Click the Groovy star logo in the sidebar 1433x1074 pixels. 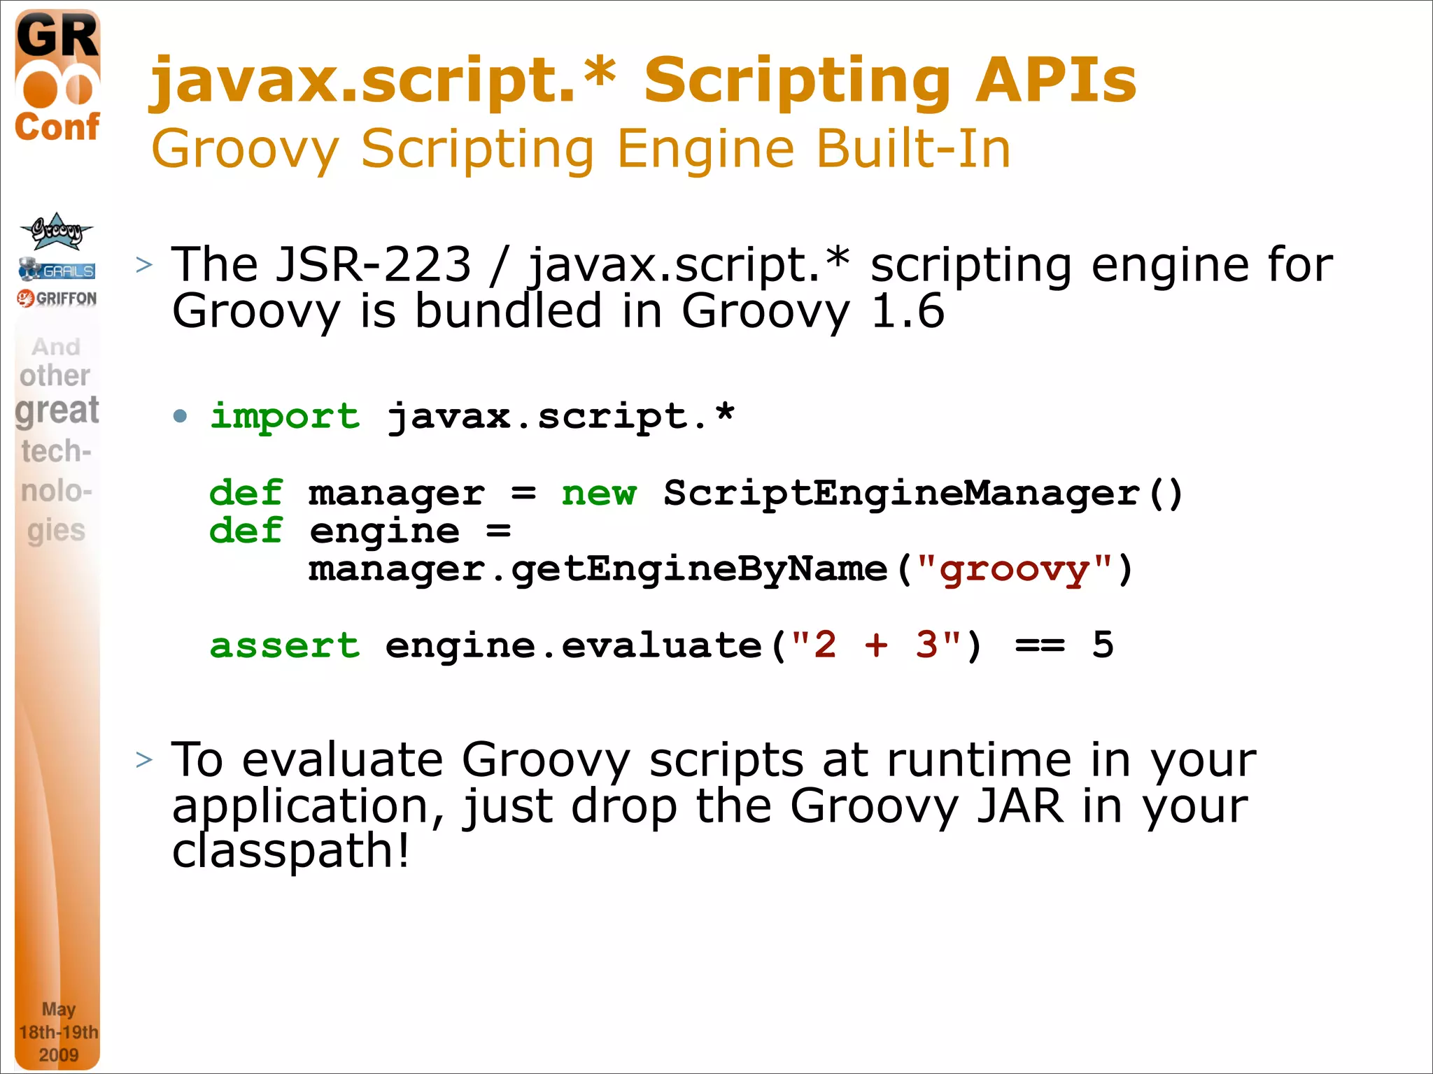pyautogui.click(x=56, y=231)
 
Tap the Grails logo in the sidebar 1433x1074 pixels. pyautogui.click(x=57, y=269)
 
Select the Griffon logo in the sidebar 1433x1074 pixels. pyautogui.click(x=57, y=299)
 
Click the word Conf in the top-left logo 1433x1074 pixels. pyautogui.click(x=57, y=127)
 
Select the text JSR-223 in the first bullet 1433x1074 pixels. pyautogui.click(x=374, y=264)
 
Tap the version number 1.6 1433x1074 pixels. pyautogui.click(x=908, y=310)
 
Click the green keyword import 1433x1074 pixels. pyautogui.click(x=285, y=416)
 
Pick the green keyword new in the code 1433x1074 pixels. pyautogui.click(x=598, y=493)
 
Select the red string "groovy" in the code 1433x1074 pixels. pyautogui.click(x=1014, y=569)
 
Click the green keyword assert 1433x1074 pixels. pyautogui.click(x=285, y=645)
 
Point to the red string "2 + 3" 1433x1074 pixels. pyautogui.click(x=876, y=645)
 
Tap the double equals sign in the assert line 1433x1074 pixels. pyautogui.click(x=1040, y=645)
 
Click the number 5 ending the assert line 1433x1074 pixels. pyautogui.click(x=1103, y=645)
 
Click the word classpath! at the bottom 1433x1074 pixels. pyautogui.click(x=290, y=851)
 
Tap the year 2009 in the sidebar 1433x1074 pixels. pyautogui.click(x=58, y=1054)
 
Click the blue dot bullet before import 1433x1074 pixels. pyautogui.click(x=181, y=417)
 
